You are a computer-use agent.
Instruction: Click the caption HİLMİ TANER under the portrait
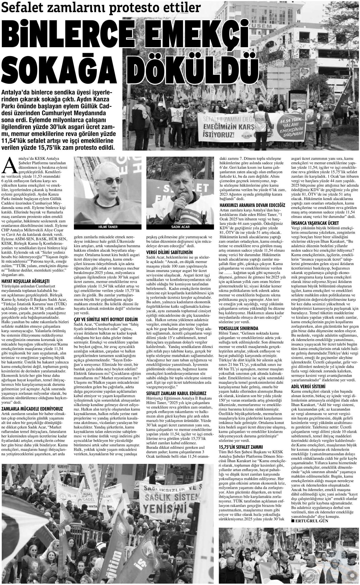[108, 227]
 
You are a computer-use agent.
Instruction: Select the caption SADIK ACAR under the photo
[180, 227]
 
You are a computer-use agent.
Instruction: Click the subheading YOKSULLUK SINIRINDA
[239, 328]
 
